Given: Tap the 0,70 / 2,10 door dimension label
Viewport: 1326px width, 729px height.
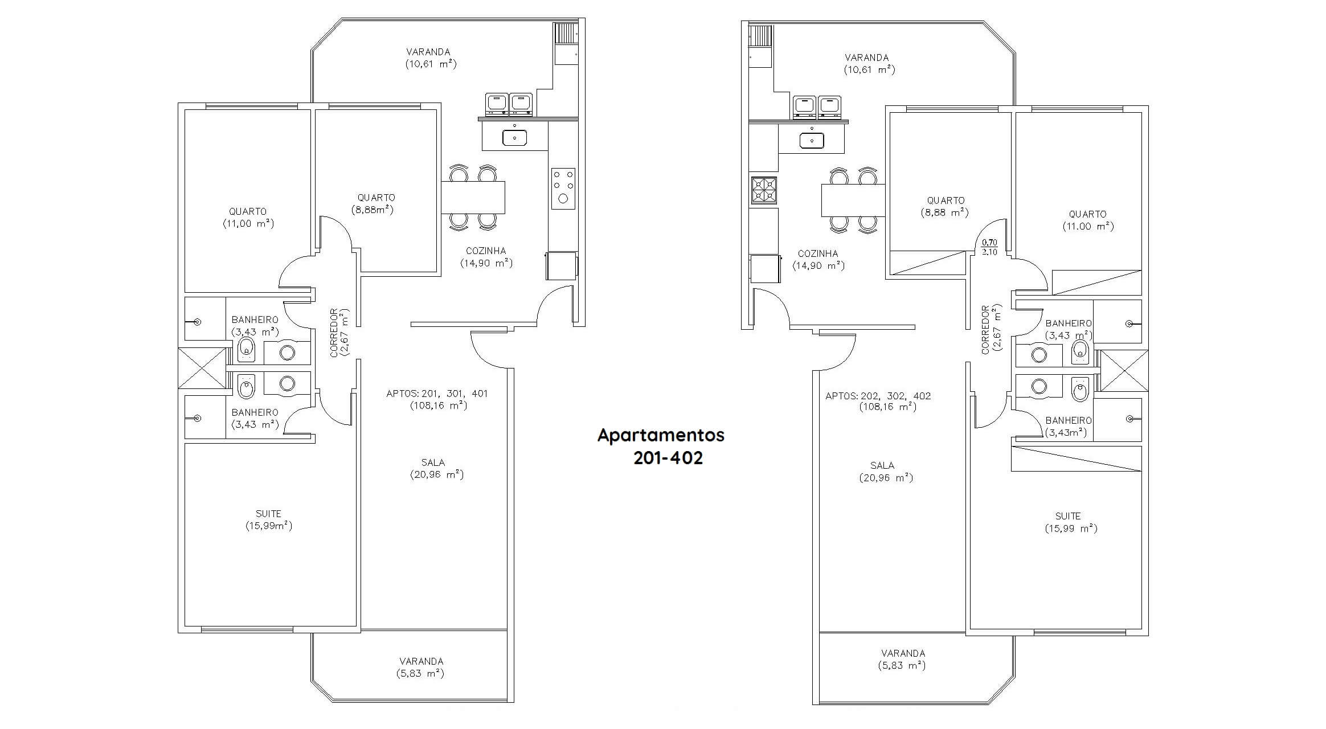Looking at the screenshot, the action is (989, 247).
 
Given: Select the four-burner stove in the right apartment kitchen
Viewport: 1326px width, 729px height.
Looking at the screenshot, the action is (764, 190).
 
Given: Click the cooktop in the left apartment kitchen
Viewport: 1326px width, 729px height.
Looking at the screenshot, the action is (563, 189).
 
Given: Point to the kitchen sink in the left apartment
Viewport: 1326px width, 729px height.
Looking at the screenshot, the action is (514, 137).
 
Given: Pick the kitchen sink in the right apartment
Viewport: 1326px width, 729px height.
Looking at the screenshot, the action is (812, 140).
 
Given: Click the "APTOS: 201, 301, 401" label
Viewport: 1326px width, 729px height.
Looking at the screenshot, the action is (437, 394).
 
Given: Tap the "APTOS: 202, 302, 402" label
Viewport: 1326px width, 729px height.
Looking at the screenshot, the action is (878, 396).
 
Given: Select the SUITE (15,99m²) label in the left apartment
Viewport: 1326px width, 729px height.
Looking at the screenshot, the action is (268, 520).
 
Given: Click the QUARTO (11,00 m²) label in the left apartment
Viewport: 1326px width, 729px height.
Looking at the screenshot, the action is (248, 218).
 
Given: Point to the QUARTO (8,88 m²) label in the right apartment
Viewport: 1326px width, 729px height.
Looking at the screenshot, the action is (946, 207).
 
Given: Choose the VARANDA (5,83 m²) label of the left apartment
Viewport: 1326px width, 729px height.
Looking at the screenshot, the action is (421, 667).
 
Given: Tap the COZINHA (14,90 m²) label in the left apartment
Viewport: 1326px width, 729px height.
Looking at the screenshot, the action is (486, 257).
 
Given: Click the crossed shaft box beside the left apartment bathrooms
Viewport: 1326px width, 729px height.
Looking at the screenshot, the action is (203, 368).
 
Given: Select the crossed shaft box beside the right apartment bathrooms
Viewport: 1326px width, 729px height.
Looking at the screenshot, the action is (1123, 371).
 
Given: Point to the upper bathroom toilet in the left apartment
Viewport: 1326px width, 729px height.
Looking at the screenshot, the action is (246, 349).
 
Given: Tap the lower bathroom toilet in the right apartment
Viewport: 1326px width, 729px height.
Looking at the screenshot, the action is (1081, 390).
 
